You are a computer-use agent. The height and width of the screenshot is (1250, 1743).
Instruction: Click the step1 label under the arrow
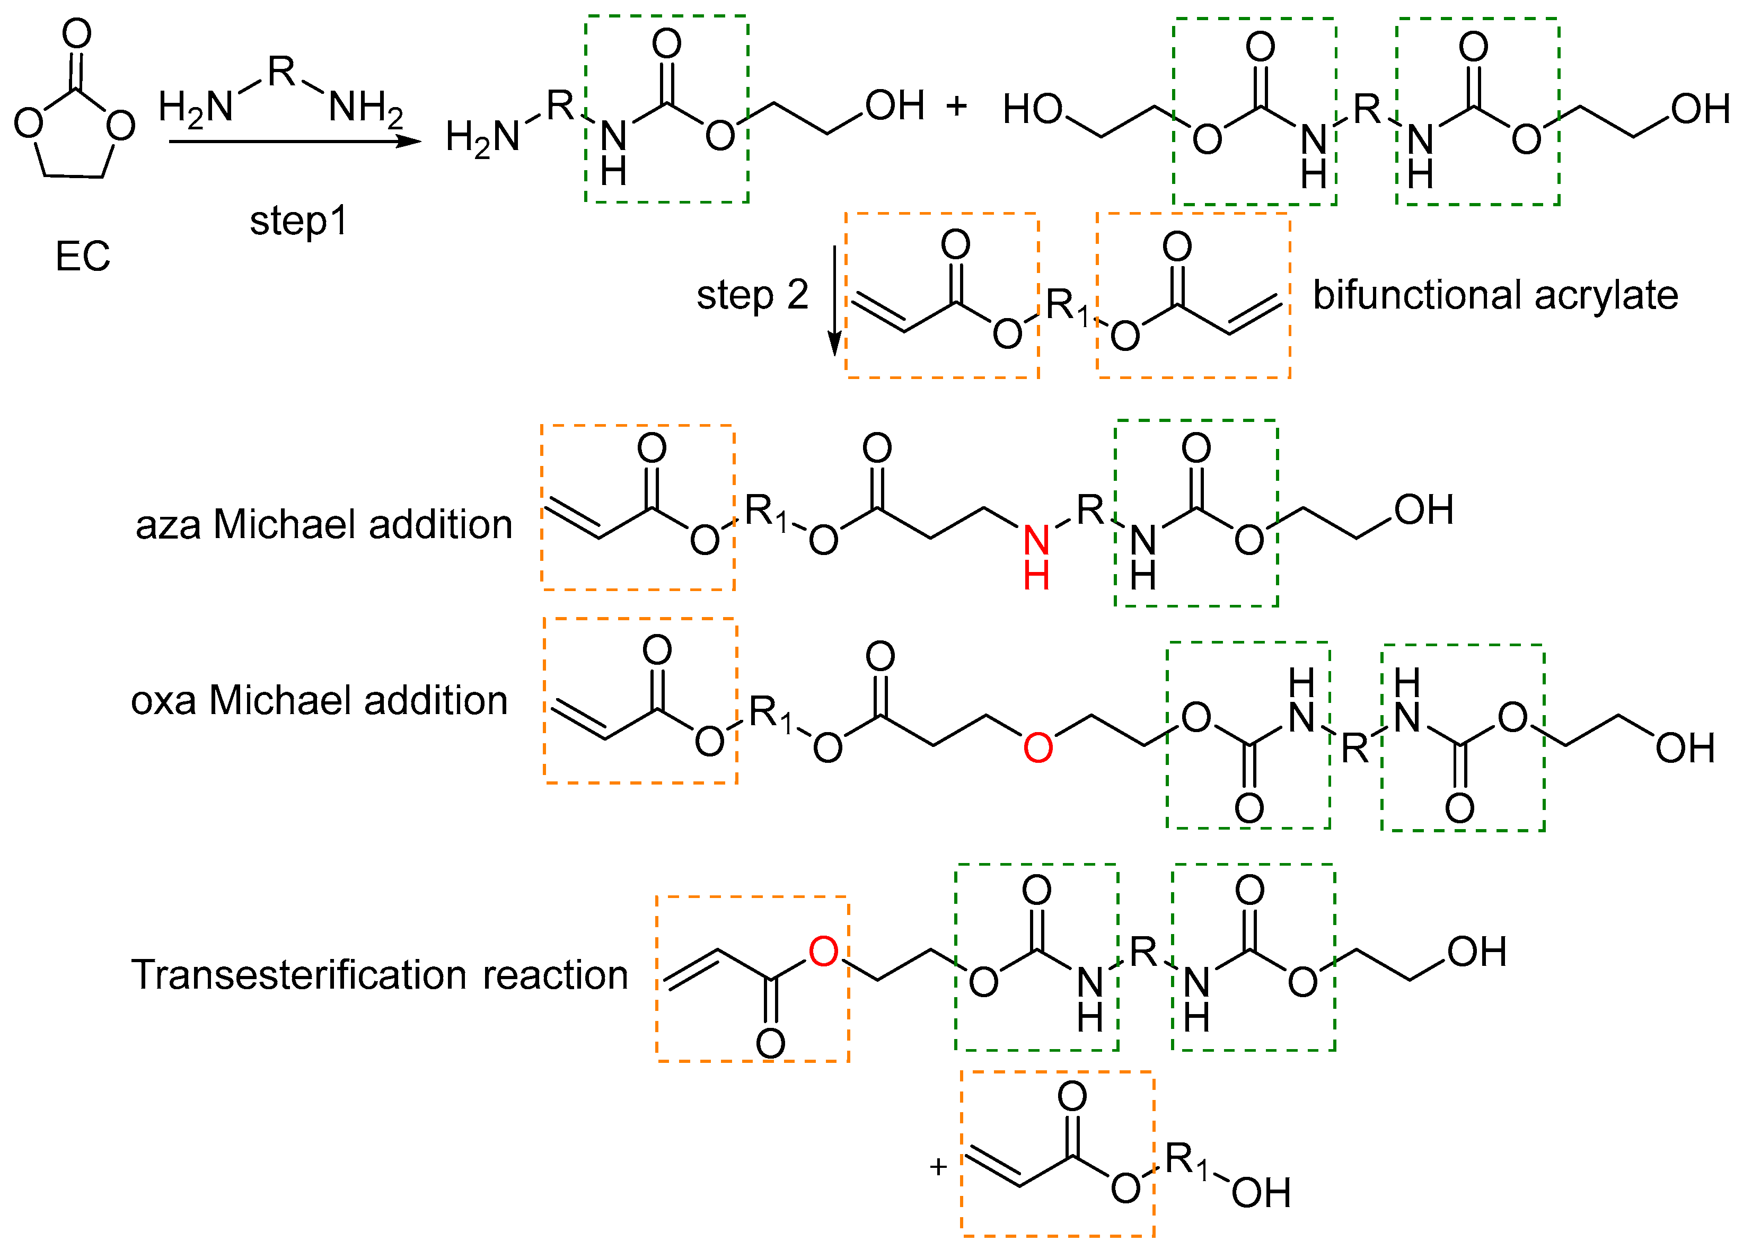298,221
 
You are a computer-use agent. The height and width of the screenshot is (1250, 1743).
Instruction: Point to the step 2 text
752,295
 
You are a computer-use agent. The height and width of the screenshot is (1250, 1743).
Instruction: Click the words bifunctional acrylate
1495,295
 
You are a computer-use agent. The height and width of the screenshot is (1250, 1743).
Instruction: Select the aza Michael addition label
323,525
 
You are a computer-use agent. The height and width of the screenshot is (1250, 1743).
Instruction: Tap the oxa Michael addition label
319,701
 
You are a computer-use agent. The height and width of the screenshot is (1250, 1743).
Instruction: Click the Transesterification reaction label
380,975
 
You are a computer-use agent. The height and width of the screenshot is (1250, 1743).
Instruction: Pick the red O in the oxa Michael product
1037,747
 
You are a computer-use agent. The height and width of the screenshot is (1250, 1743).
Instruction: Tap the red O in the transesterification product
823,952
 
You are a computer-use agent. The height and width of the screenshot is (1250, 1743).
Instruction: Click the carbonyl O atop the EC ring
77,34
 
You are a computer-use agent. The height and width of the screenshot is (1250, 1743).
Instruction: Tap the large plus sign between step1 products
956,105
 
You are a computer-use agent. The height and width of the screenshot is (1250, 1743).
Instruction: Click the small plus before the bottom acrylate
938,1167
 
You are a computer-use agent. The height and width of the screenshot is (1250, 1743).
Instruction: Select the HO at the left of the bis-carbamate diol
1032,109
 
